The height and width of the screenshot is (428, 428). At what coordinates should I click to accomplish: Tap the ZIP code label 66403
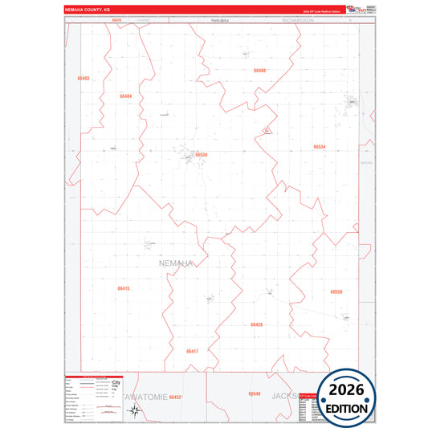tap(84, 78)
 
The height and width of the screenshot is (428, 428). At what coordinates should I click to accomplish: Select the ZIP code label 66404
tap(125, 96)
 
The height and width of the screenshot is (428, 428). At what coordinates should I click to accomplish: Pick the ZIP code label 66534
tap(320, 147)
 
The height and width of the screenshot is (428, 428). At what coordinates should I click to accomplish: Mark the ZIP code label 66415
tap(123, 287)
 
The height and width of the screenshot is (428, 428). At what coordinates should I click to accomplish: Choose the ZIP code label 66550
tap(336, 291)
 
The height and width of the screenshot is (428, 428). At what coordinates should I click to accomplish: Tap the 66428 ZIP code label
tap(256, 324)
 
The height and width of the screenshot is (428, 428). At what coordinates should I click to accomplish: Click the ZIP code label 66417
tap(192, 351)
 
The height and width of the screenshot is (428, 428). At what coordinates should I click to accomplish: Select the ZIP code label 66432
tap(177, 397)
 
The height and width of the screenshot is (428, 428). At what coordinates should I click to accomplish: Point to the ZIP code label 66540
tap(255, 393)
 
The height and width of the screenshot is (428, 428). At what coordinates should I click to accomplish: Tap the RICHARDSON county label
tap(297, 19)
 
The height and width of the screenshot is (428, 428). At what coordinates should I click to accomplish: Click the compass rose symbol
tap(137, 413)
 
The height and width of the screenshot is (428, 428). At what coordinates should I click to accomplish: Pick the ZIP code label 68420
tap(116, 19)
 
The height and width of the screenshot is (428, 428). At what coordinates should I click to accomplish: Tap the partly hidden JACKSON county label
tap(285, 396)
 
